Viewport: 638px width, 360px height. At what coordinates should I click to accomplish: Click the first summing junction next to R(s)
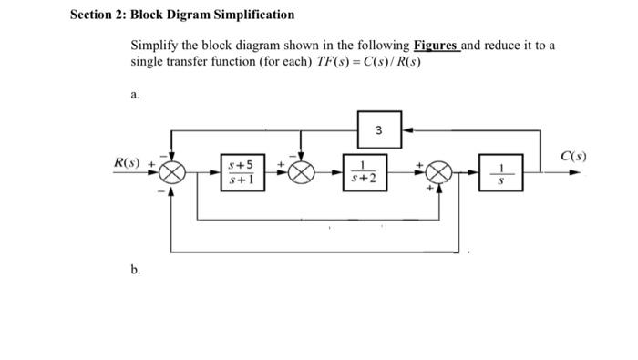[x=172, y=173]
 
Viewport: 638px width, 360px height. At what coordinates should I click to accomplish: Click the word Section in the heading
[x=94, y=15]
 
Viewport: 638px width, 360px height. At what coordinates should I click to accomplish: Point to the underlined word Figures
[x=436, y=46]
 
